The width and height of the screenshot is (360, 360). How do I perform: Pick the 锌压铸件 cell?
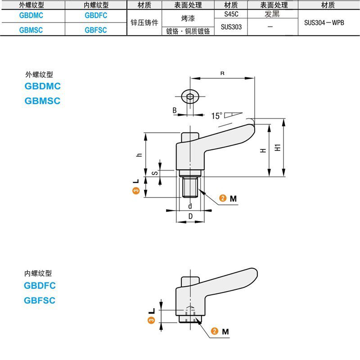[144, 22]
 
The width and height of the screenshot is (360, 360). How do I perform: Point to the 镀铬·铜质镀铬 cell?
[188, 31]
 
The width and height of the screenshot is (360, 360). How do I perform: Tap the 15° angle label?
[217, 116]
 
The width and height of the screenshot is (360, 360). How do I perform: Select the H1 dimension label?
[278, 147]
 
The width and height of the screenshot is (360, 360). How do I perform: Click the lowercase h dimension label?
[139, 154]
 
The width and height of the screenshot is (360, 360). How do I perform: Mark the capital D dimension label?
[190, 216]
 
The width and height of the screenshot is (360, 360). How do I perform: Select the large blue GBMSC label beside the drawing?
[42, 101]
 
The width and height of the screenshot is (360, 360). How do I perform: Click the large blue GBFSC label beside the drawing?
[40, 300]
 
